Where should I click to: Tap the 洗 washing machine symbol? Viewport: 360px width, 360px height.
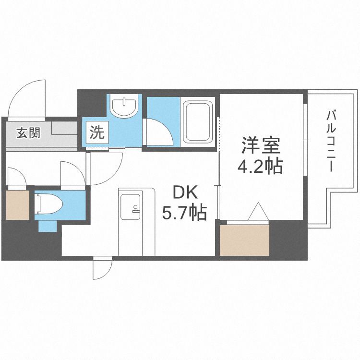(x=97, y=132)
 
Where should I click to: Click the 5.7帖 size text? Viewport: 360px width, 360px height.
(x=184, y=212)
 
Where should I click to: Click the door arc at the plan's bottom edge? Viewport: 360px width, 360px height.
(x=102, y=269)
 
